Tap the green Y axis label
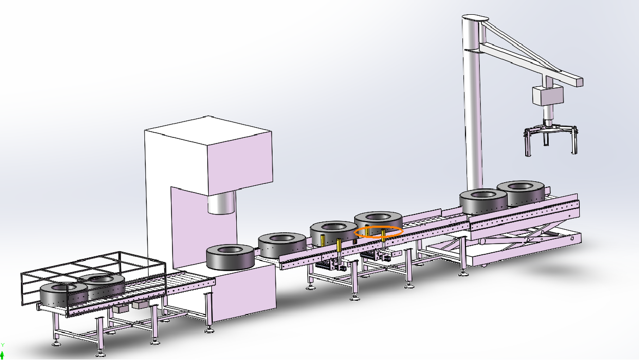click(x=3, y=345)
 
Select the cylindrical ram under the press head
click(x=221, y=202)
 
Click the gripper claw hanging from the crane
click(x=550, y=139)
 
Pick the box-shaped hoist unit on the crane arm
click(x=548, y=95)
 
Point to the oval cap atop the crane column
click(x=475, y=18)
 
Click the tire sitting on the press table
click(x=230, y=257)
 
